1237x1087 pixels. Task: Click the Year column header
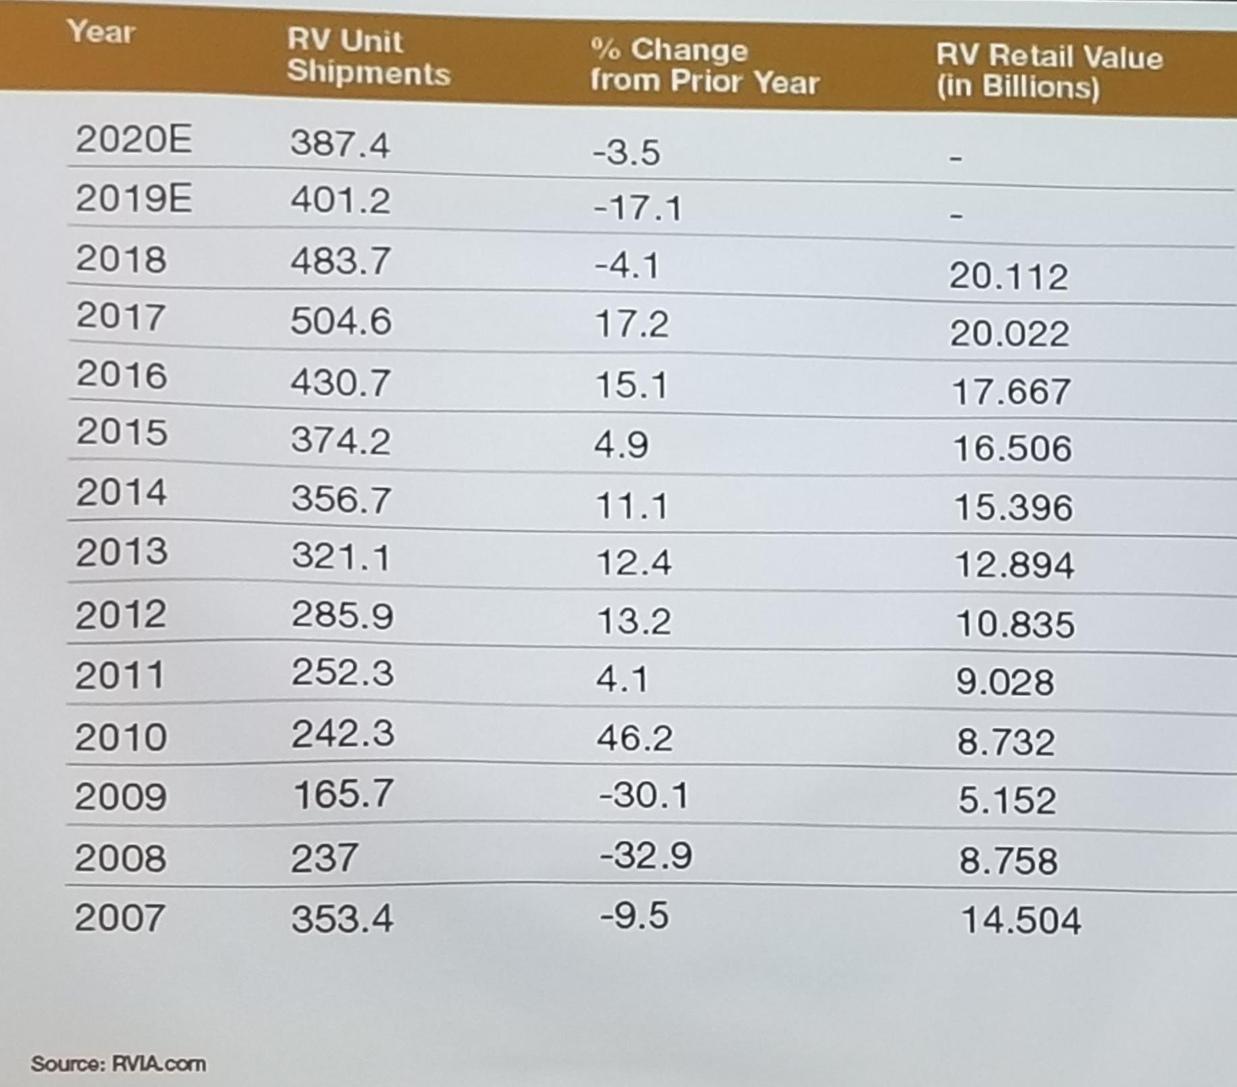pos(100,32)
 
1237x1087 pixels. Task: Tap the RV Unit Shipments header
pos(368,57)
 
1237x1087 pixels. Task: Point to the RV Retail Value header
pos(1048,71)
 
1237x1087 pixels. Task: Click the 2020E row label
pos(134,140)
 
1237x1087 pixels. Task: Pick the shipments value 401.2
pos(340,200)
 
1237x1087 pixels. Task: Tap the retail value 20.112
pos(1008,276)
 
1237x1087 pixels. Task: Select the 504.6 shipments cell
pos(341,320)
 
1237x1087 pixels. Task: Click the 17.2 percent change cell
pos(631,324)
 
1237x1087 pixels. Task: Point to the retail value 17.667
pos(1010,392)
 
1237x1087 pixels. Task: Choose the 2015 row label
pos(121,432)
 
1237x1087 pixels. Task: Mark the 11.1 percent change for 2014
pos(631,506)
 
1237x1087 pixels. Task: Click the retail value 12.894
pos(1014,565)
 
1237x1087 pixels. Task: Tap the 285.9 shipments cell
pos(342,615)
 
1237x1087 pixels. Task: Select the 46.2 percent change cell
pos(634,738)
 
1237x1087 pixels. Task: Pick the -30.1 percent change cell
pos(643,795)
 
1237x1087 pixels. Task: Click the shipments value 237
pos(324,858)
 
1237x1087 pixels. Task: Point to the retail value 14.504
pos(1020,920)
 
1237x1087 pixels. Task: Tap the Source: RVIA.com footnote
pos(119,1064)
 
